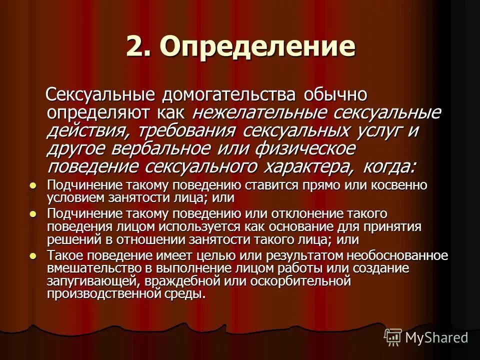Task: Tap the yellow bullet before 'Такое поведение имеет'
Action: click(33, 255)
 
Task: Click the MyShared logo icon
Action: click(393, 337)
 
